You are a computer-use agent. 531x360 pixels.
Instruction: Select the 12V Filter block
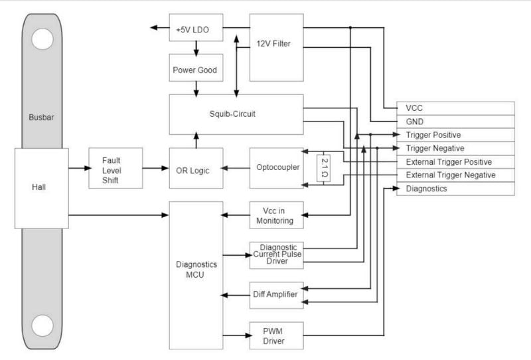pos(276,43)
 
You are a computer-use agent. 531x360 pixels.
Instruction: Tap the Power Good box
pos(196,69)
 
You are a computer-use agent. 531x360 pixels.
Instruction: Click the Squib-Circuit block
pos(236,114)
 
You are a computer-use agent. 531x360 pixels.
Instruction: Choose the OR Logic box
pos(196,170)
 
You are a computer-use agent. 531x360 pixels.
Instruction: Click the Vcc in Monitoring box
pos(276,215)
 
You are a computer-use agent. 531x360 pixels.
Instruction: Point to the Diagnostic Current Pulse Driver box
pos(276,254)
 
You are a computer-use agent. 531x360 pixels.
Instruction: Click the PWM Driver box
pos(276,335)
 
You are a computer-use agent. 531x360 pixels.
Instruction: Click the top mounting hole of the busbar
pos(42,41)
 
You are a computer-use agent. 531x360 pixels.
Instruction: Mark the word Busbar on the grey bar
pos(42,117)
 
